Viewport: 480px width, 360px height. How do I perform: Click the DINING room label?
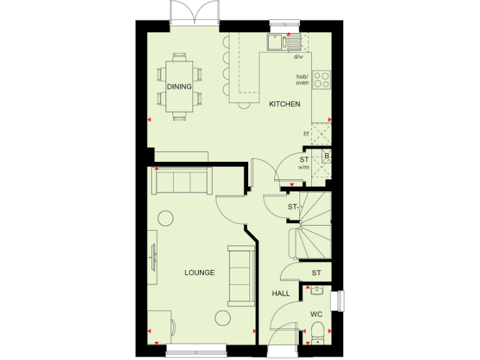point(179,87)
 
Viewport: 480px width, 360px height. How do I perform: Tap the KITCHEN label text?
point(284,104)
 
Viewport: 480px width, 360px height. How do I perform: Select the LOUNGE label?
point(199,272)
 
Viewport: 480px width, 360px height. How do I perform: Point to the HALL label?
point(280,293)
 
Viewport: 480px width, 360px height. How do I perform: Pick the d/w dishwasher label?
point(298,57)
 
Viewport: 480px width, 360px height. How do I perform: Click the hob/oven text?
point(302,80)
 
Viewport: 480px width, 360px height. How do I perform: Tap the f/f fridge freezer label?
point(306,134)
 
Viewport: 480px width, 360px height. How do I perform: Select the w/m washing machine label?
point(304,167)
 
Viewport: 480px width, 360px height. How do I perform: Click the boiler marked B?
point(326,156)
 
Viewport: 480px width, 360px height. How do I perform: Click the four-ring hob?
point(321,79)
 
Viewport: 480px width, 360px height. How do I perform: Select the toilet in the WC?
point(317,334)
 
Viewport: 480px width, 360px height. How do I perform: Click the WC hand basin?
point(316,291)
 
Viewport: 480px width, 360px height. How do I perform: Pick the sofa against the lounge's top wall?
point(180,181)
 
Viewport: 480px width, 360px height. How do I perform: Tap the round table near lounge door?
point(166,218)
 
